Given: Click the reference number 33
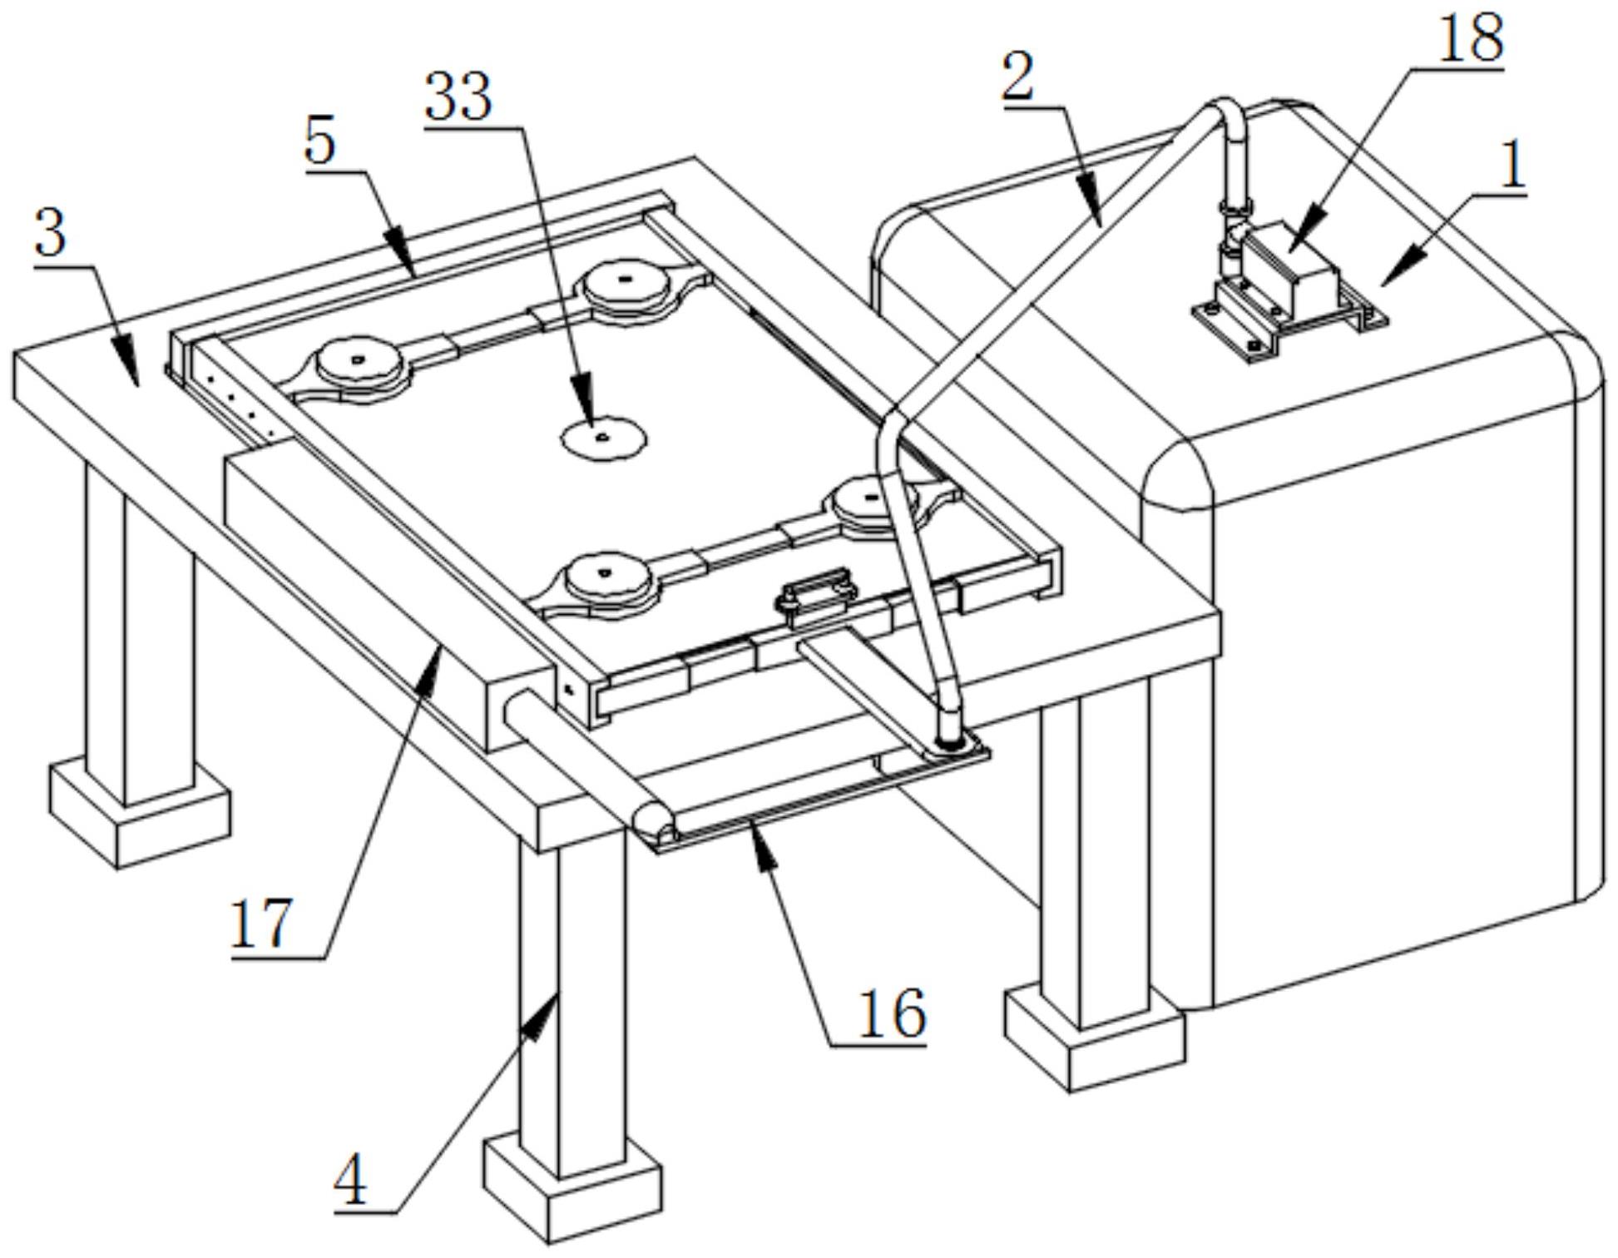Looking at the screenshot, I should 458,97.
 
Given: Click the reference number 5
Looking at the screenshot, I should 319,141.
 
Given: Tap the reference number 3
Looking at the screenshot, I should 51,235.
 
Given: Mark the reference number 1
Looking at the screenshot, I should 1512,166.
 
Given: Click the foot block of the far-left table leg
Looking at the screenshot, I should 139,811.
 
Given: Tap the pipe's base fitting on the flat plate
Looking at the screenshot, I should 950,740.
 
